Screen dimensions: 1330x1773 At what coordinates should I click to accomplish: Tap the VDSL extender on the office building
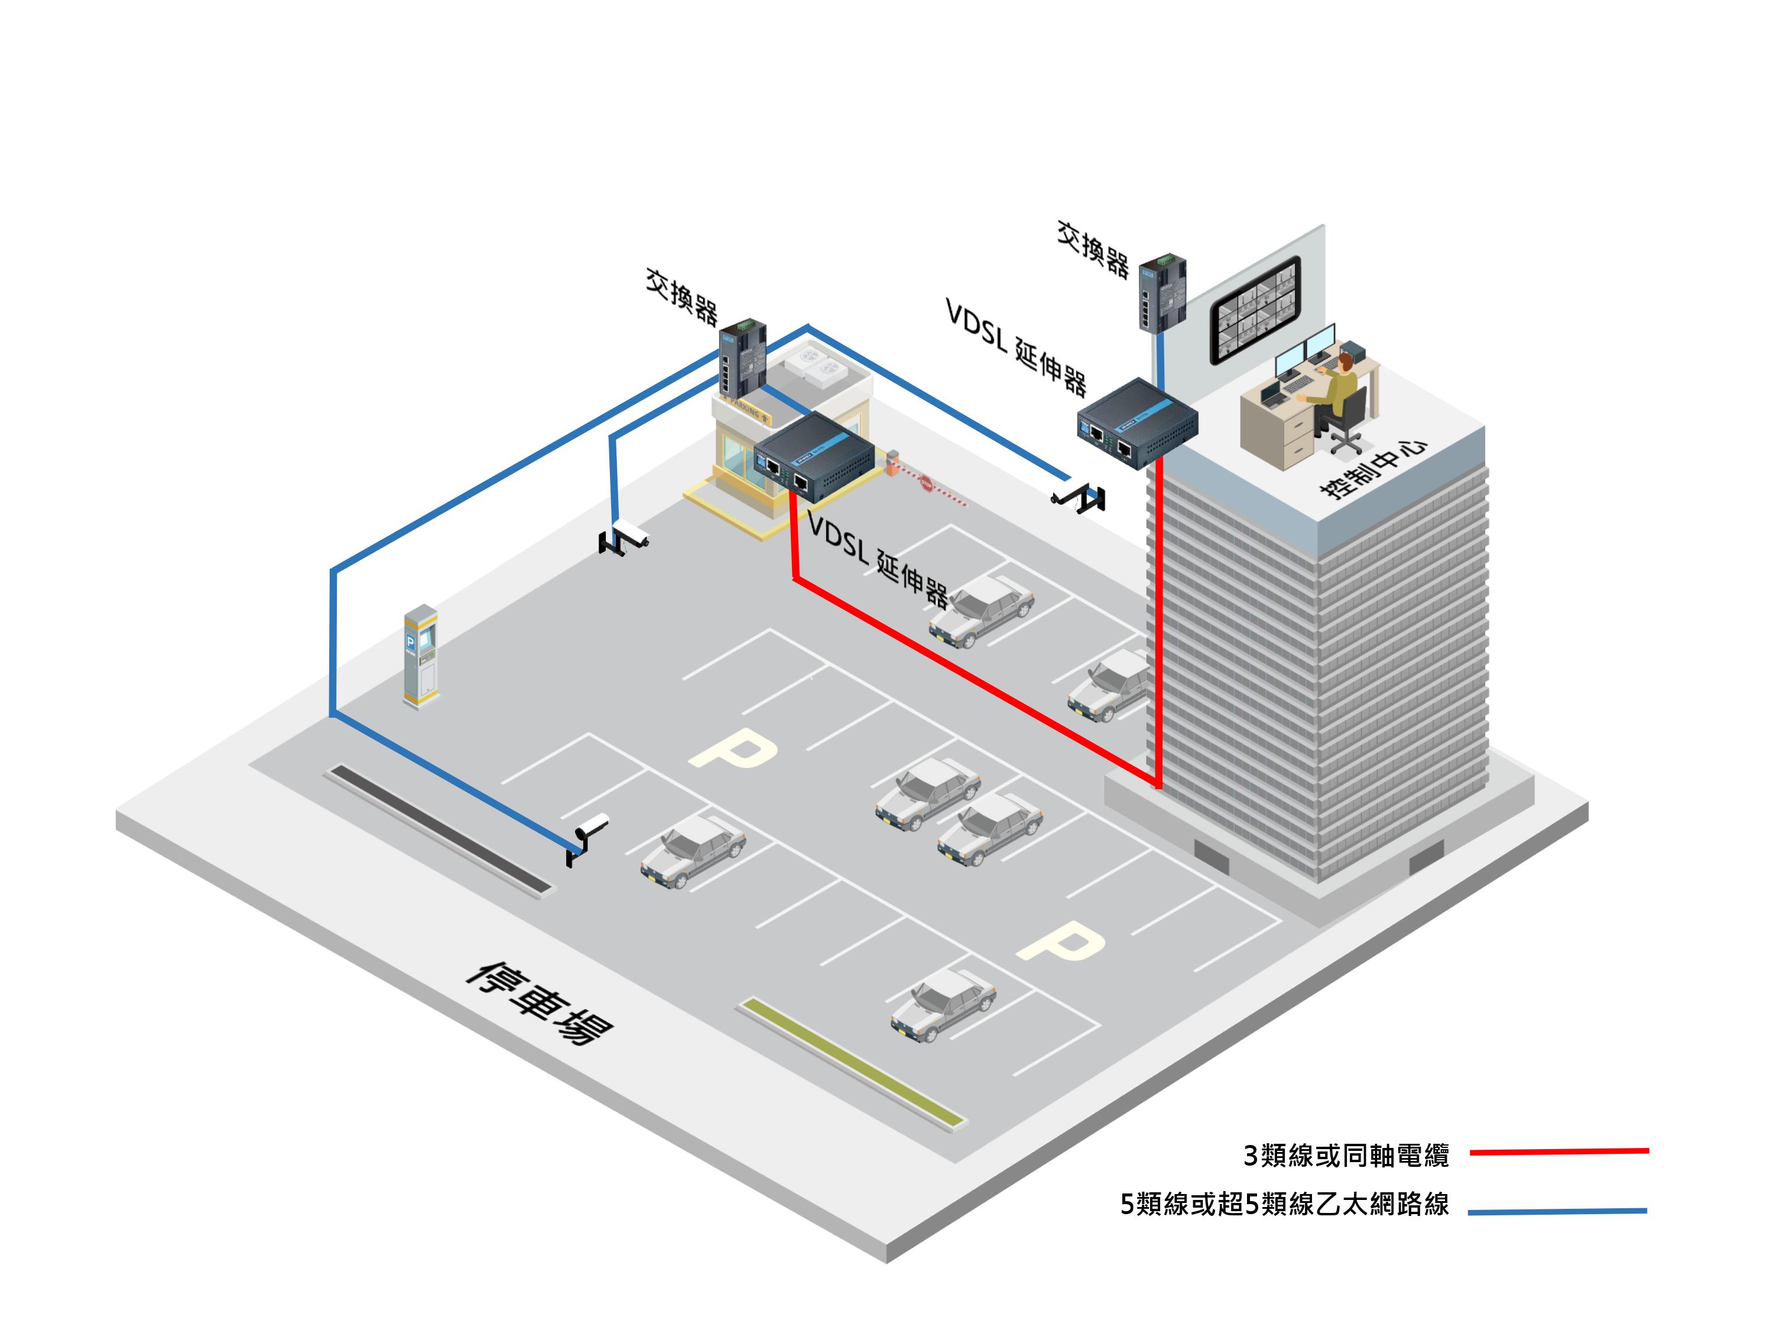pos(1136,423)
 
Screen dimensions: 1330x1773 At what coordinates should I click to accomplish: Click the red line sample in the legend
pos(1559,1152)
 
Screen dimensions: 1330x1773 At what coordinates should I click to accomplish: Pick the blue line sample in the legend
pos(1557,1211)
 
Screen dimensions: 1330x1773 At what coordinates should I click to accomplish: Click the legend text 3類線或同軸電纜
pos(1346,1155)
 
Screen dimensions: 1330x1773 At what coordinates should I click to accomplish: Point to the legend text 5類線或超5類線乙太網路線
pos(1284,1204)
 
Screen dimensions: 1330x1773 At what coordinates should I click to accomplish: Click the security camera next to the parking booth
pos(625,537)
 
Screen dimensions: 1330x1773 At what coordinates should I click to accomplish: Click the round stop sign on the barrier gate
pos(926,484)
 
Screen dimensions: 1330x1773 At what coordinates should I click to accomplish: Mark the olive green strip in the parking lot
pos(853,1062)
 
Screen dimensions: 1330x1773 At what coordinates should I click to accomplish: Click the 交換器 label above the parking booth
pos(682,297)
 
